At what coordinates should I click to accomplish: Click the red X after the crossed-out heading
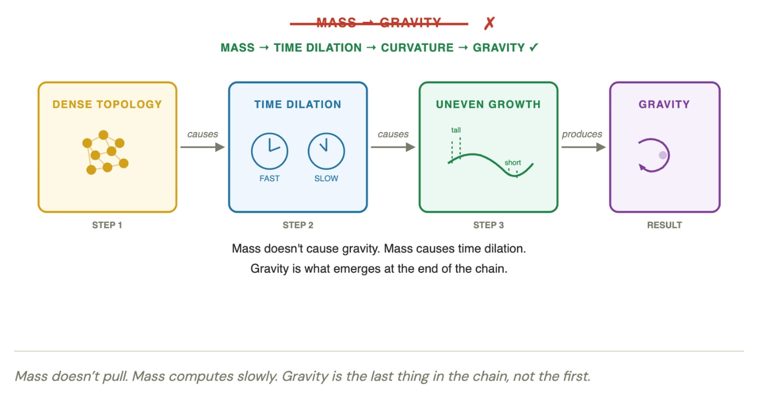[x=490, y=24]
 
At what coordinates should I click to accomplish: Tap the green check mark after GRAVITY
[x=534, y=48]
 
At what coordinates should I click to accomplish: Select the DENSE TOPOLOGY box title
[x=107, y=104]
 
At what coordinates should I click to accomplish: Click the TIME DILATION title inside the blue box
[x=298, y=104]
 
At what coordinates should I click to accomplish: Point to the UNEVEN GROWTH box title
[x=488, y=104]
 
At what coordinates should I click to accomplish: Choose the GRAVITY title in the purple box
[x=664, y=104]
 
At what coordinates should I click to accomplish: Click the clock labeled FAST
[x=269, y=151]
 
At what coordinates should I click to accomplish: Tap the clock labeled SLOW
[x=326, y=151]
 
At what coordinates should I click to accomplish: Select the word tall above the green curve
[x=456, y=130]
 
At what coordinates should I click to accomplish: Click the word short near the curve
[x=513, y=163]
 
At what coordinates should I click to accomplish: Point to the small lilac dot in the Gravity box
[x=663, y=155]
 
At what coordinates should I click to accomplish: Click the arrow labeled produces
[x=583, y=147]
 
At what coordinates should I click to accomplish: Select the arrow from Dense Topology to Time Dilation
[x=203, y=147]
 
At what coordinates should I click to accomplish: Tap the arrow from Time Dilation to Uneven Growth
[x=393, y=147]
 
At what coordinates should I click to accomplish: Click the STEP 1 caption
[x=107, y=225]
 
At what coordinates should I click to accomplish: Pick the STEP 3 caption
[x=488, y=225]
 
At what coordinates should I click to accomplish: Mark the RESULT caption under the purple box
[x=664, y=225]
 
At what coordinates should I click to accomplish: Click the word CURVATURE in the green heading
[x=417, y=48]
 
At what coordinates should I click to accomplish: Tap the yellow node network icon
[x=106, y=152]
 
